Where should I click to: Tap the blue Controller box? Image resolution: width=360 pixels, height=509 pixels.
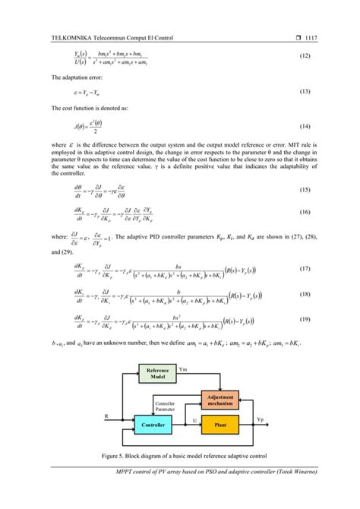(x=155, y=425)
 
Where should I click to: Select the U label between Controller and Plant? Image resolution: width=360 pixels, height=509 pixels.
(x=195, y=419)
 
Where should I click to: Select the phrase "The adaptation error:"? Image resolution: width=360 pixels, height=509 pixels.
(x=79, y=77)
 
